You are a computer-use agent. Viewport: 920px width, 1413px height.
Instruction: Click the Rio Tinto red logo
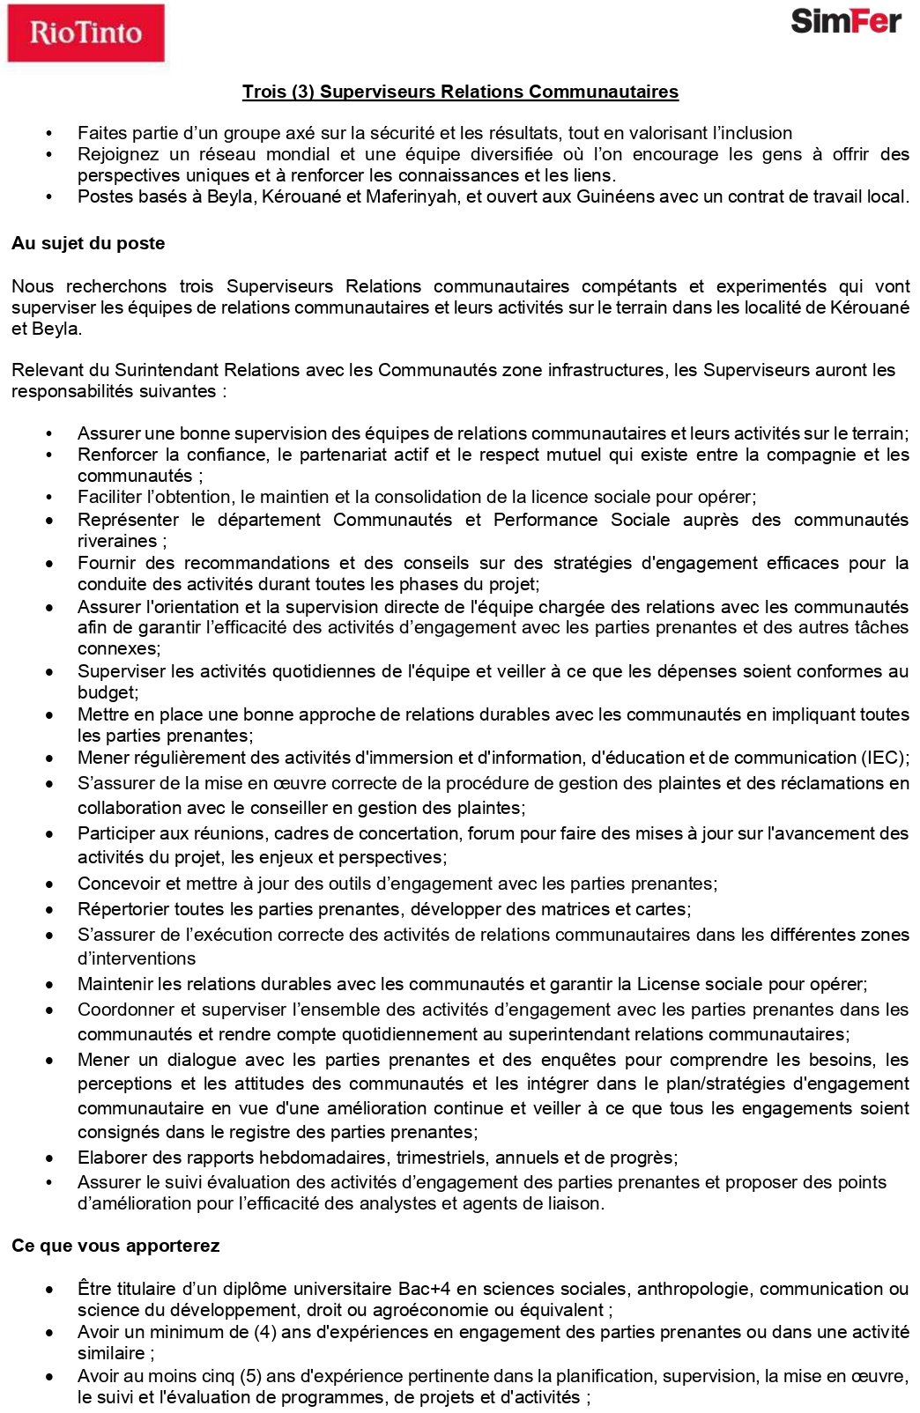point(85,33)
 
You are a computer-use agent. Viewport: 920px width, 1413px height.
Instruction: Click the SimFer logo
point(845,21)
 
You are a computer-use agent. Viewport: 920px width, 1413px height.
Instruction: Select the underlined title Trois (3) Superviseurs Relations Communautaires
point(460,92)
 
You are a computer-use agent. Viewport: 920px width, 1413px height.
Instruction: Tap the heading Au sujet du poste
point(88,243)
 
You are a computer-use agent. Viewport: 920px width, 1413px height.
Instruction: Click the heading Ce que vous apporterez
point(115,1246)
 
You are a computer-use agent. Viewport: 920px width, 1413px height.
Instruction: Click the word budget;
point(108,692)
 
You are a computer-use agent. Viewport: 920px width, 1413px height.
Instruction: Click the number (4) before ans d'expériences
point(264,1332)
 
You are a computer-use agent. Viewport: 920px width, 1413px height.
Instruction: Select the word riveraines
point(116,541)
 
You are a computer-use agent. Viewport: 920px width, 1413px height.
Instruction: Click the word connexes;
point(119,648)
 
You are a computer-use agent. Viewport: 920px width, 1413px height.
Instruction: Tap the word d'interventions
point(137,958)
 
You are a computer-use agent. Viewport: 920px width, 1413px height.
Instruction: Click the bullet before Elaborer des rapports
point(50,1158)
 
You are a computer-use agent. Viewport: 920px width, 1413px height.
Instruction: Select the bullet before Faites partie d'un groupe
point(50,134)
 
